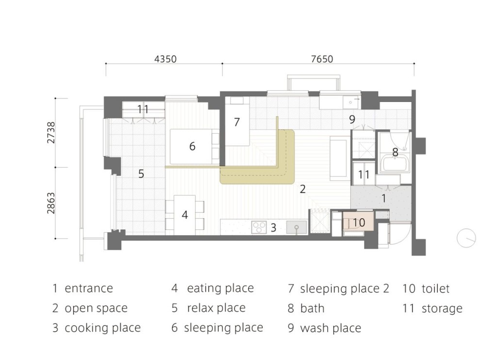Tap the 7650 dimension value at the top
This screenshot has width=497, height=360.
(322, 59)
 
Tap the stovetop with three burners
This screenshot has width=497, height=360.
(260, 227)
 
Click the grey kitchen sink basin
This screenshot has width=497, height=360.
(295, 227)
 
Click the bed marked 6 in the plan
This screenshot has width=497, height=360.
(192, 146)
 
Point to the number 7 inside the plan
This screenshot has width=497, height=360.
(236, 122)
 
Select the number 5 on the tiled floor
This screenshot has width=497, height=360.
(141, 173)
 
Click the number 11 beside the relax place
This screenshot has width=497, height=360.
(142, 109)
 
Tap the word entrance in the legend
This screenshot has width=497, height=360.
(89, 288)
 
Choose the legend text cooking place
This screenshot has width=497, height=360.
(102, 327)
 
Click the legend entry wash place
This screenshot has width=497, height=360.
(331, 328)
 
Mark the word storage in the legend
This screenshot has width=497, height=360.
(442, 308)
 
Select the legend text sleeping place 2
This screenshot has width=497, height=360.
(345, 288)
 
